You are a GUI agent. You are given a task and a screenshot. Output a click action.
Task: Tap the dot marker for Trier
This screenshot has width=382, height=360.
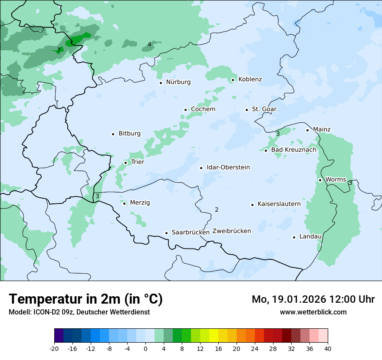125,163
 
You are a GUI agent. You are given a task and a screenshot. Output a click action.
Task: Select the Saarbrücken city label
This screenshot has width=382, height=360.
191,232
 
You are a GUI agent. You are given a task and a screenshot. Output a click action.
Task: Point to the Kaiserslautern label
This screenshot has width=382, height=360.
279,204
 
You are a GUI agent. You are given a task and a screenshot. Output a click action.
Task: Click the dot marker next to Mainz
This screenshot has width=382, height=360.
307,130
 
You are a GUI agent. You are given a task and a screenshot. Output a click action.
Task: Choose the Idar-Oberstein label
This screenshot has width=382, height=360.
228,167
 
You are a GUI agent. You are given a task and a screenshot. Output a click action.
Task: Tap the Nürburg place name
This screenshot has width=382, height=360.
178,82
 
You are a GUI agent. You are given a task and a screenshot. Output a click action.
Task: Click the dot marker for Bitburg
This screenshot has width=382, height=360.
113,134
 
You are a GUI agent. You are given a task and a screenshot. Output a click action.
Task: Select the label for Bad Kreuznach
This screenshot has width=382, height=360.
293,150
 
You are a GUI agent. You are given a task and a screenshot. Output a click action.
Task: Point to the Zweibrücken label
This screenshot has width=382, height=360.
231,231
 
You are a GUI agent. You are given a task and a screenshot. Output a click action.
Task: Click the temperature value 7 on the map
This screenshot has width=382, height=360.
59,50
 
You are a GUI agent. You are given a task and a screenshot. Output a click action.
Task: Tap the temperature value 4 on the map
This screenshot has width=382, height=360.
149,44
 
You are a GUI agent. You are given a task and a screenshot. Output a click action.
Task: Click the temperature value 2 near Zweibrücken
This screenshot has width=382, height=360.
217,210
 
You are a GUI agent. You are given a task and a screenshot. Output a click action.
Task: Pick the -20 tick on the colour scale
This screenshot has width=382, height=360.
54,349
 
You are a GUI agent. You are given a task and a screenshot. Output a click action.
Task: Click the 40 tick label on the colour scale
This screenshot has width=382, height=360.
328,349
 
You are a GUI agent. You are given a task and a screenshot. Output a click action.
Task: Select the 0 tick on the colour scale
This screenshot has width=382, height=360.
145,349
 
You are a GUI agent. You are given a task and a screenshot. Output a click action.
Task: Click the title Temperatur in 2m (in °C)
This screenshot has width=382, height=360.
86,299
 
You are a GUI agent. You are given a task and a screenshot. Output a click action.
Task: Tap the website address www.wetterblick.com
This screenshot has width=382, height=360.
313,312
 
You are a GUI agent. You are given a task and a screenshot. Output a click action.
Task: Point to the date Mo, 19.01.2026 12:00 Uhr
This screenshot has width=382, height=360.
313,299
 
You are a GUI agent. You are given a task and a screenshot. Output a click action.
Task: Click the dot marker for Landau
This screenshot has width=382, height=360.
294,237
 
